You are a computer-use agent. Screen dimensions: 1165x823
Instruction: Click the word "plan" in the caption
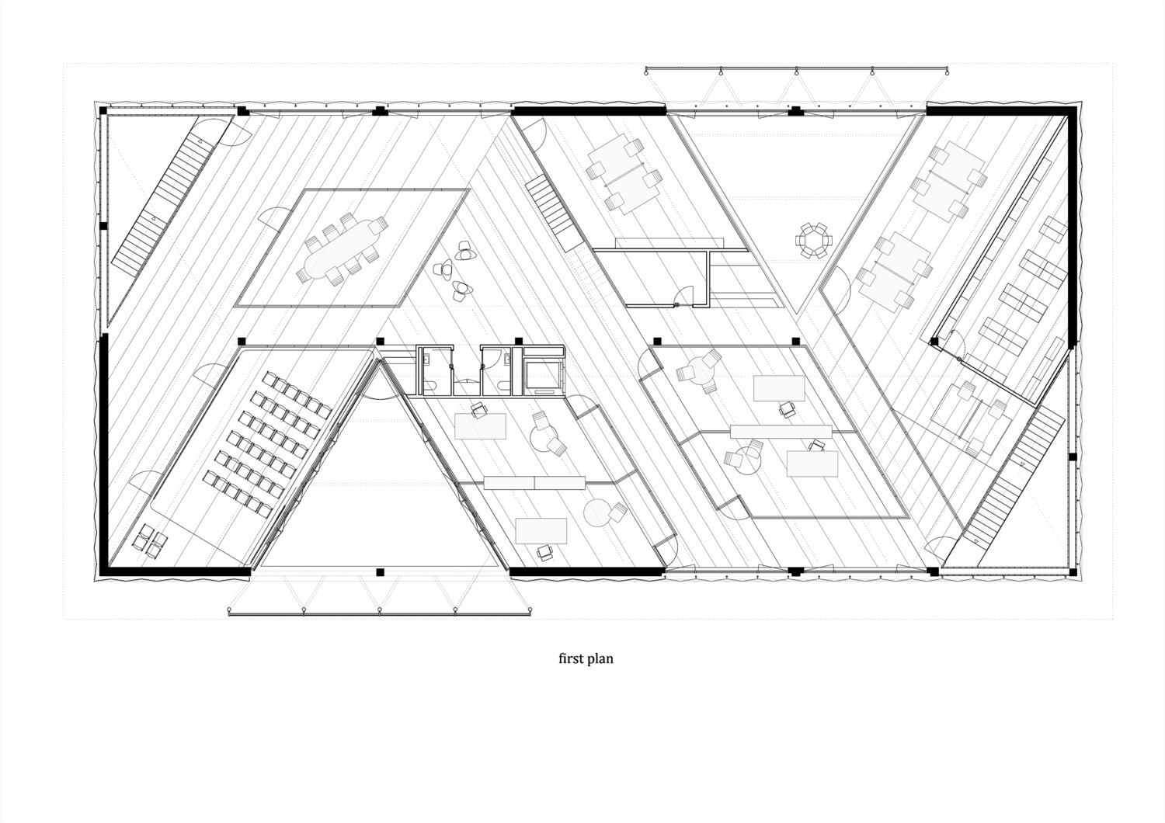pos(600,660)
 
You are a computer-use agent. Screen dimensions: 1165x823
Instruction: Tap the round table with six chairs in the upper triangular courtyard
pos(813,240)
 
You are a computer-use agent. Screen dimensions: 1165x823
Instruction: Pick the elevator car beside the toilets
pos(543,375)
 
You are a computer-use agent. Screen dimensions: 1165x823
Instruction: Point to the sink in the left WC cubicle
pos(426,358)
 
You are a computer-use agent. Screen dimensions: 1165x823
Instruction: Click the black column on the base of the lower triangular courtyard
pos(381,572)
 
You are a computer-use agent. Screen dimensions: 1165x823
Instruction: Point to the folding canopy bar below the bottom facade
pos(381,614)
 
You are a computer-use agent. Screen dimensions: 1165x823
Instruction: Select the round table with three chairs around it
pos(699,372)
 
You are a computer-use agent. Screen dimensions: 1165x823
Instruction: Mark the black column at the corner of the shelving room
pos(934,342)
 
